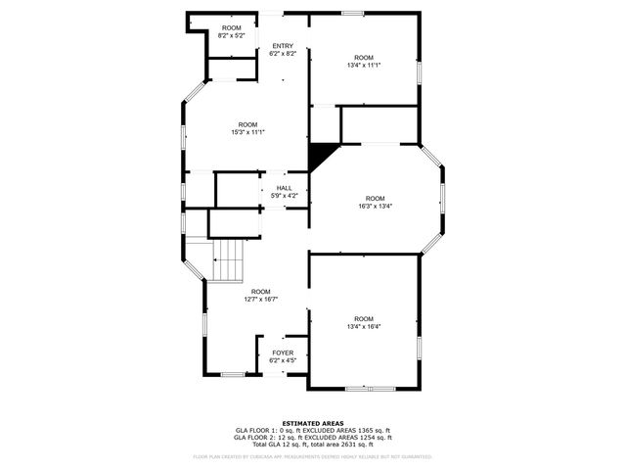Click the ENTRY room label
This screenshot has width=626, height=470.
click(283, 46)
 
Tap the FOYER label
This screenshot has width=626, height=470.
click(283, 352)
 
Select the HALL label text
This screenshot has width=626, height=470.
click(284, 188)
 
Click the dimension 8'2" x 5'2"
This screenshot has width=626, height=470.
click(231, 35)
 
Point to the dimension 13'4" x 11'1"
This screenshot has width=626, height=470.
click(364, 65)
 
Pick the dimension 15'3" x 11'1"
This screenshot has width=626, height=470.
click(247, 132)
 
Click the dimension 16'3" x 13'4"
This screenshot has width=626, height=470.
click(376, 206)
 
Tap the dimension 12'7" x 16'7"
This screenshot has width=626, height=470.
click(261, 299)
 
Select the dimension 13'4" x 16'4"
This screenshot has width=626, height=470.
click(364, 326)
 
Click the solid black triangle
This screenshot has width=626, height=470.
click(318, 156)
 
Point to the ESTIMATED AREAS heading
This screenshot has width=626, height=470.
click(312, 423)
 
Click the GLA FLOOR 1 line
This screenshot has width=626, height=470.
click(312, 430)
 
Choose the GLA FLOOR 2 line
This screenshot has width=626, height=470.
click(312, 438)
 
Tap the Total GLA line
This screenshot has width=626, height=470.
click(312, 445)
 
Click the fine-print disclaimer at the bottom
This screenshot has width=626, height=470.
click(312, 456)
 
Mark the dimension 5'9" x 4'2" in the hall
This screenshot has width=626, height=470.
click(284, 196)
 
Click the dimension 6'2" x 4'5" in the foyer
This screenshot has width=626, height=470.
click(283, 360)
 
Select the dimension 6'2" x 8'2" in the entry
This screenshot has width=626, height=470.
click(283, 54)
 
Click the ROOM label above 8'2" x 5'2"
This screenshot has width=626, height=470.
click(231, 27)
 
